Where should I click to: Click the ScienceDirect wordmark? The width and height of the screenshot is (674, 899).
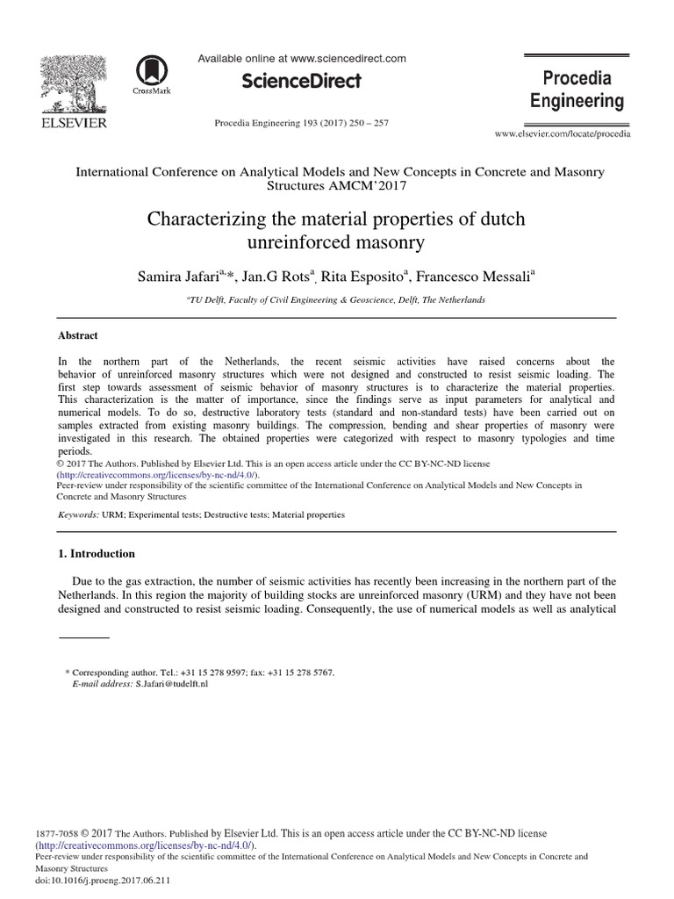point(301,82)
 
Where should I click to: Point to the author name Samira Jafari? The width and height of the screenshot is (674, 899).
point(178,277)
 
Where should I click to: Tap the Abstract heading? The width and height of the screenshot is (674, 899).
point(78,335)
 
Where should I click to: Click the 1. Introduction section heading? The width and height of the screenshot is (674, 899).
point(97,554)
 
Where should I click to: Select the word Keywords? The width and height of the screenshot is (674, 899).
point(77,514)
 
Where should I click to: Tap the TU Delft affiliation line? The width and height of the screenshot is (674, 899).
point(336,299)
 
